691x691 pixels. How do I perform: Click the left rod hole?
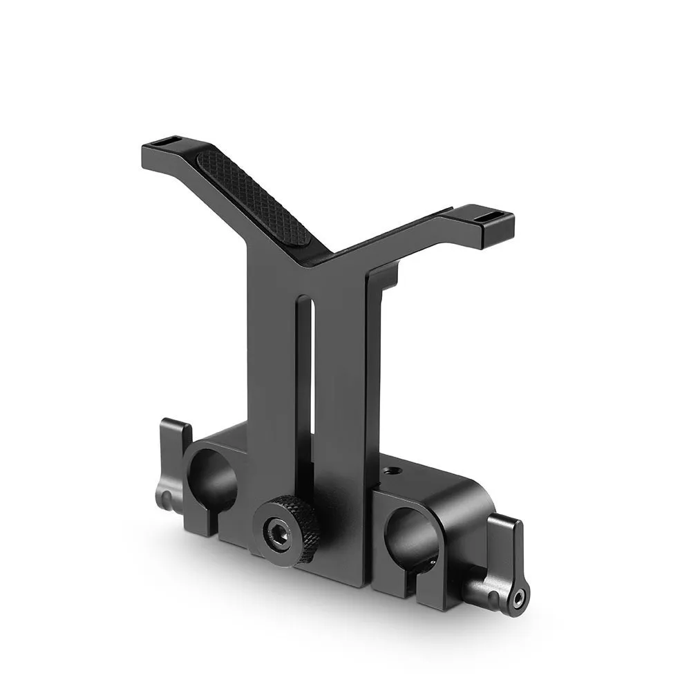tap(211, 480)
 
